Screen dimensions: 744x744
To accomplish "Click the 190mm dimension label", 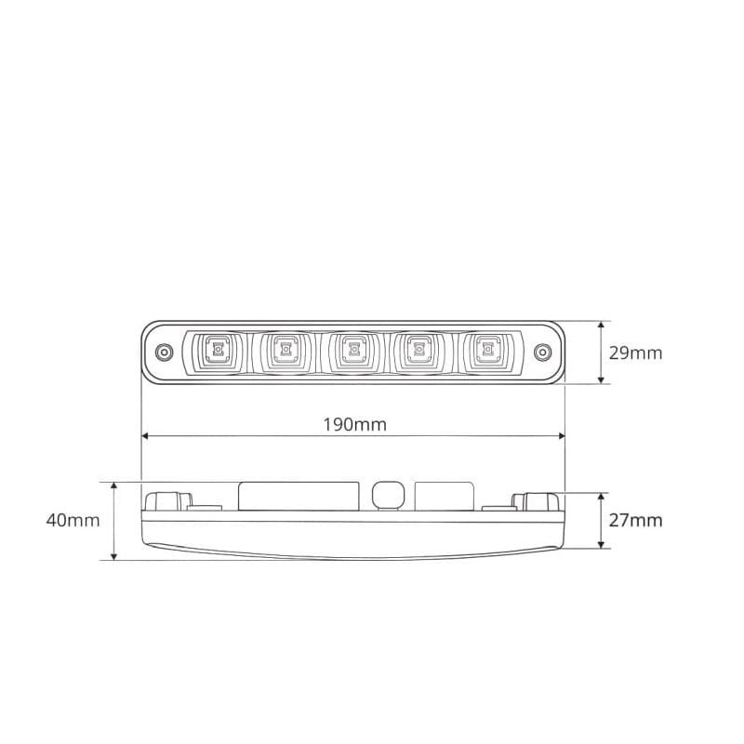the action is click(x=355, y=424).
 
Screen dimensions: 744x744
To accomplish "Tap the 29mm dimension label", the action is click(x=635, y=353).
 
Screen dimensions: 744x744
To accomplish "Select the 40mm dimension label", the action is click(x=73, y=521).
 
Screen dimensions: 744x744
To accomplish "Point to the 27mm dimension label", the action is click(x=635, y=521).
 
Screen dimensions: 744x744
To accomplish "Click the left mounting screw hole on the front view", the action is click(x=164, y=352).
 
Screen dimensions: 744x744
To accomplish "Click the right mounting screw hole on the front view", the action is click(x=542, y=352).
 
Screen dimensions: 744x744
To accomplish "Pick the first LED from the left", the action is click(x=218, y=351).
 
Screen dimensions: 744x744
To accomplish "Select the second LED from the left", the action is click(x=286, y=351).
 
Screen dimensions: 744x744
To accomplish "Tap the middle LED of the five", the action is click(x=354, y=351).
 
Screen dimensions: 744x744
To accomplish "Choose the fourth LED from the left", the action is click(x=419, y=351).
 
